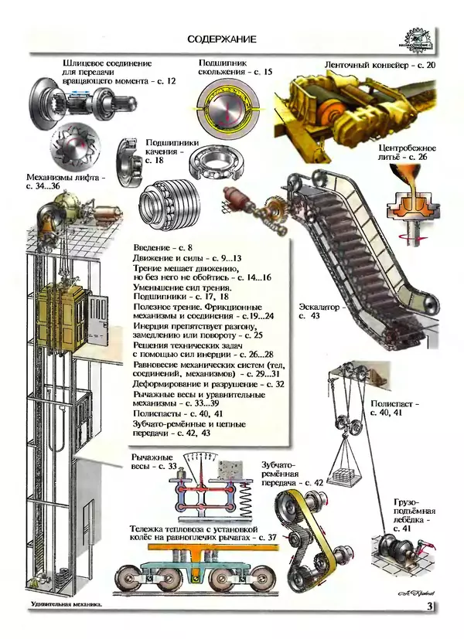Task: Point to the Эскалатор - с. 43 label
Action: click(319, 311)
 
